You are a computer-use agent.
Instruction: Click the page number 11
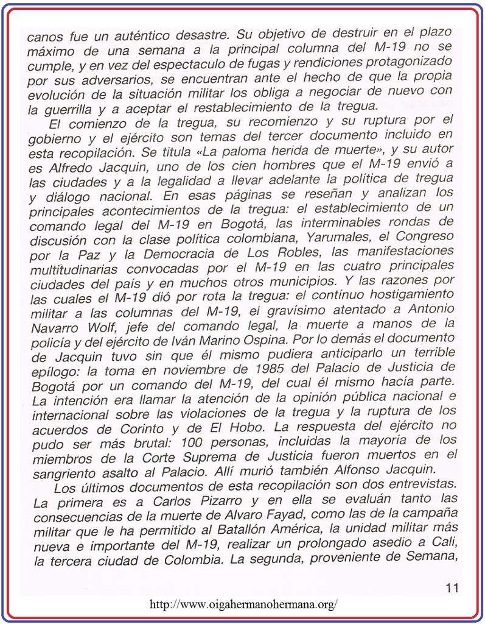(x=452, y=588)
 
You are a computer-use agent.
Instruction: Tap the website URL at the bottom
(x=243, y=604)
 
